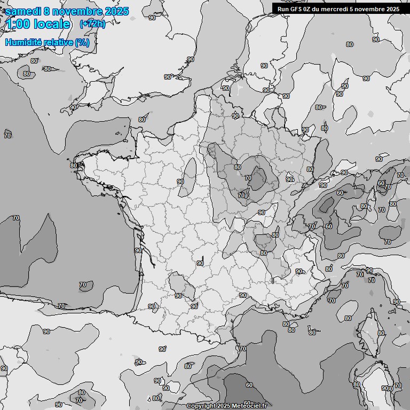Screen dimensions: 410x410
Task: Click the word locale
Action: click(x=52, y=24)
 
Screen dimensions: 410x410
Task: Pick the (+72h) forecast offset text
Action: click(x=92, y=24)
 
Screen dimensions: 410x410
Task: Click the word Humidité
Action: click(x=22, y=43)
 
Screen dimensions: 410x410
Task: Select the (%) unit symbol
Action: click(x=82, y=43)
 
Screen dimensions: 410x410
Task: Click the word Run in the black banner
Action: click(x=283, y=9)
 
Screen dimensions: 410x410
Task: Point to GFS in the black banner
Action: click(x=297, y=9)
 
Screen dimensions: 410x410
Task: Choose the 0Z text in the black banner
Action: click(x=310, y=9)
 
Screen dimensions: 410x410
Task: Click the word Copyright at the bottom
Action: click(x=201, y=406)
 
